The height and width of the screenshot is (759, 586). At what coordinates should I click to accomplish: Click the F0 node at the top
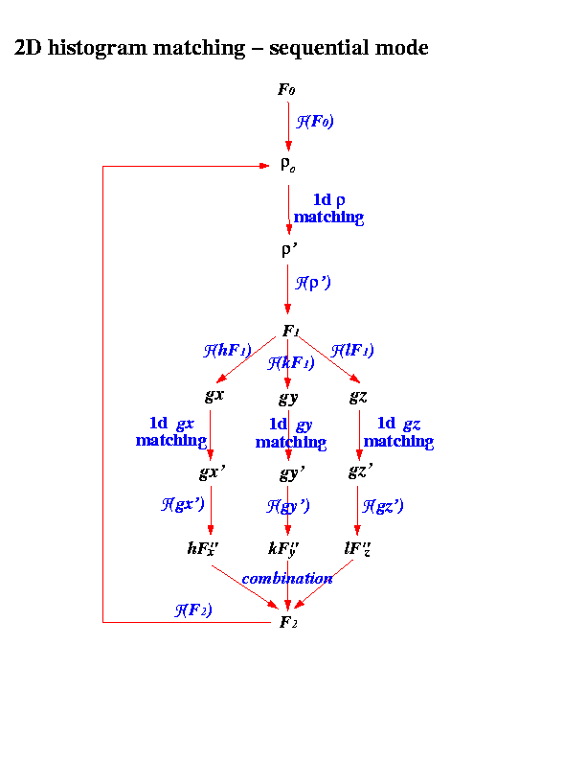tap(286, 90)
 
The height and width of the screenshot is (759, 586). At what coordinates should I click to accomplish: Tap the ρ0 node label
tap(287, 165)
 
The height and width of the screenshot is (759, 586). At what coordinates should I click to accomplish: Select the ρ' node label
tap(288, 250)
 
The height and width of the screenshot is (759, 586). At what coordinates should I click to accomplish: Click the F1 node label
tap(290, 332)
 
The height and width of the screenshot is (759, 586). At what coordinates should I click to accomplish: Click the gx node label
tap(214, 395)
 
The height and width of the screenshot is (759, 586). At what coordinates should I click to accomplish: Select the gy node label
tap(288, 397)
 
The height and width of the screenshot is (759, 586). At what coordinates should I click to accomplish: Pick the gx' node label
tap(212, 473)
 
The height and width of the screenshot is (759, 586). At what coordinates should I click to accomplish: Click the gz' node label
tap(360, 473)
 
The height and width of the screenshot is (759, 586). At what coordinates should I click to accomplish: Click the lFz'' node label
tap(357, 549)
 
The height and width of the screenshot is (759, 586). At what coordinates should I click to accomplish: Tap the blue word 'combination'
tap(287, 578)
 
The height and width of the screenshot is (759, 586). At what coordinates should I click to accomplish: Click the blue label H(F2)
tap(193, 609)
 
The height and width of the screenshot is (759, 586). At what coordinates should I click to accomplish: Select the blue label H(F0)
tap(315, 122)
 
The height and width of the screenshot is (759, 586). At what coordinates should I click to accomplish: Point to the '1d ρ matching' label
tap(328, 209)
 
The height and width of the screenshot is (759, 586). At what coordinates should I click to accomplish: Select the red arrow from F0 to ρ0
tap(288, 125)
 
